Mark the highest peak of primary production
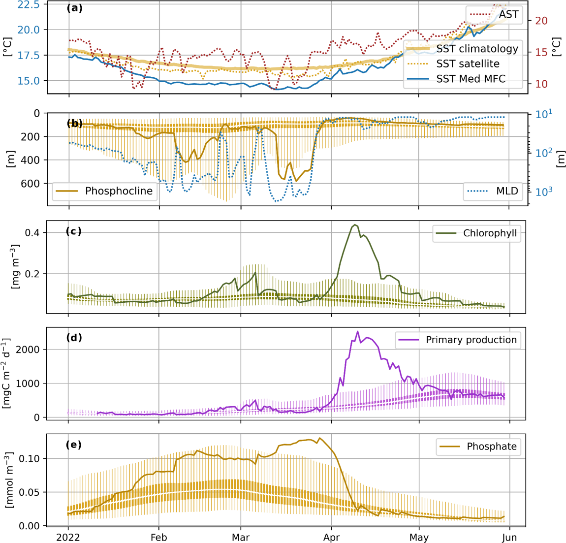[358, 331]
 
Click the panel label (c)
[74, 231]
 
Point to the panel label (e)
[74, 445]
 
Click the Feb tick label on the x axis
[159, 537]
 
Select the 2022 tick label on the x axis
[68, 537]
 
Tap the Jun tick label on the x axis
[509, 537]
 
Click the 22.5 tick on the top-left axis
[29, 4]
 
